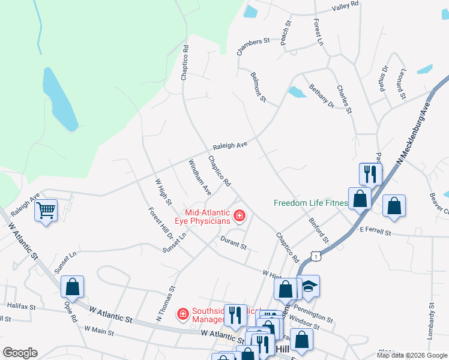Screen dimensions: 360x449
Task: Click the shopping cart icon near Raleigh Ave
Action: tap(46, 211)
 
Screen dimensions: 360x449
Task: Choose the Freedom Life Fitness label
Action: tap(310, 203)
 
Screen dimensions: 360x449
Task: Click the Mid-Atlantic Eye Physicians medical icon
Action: tap(240, 215)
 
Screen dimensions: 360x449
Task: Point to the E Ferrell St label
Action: tap(375, 230)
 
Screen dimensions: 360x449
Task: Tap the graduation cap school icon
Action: tap(309, 287)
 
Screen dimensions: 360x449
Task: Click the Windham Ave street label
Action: tap(199, 177)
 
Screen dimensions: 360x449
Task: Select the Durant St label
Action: tap(233, 242)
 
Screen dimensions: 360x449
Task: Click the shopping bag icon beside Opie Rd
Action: tap(72, 287)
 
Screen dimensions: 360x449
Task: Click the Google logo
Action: tap(20, 353)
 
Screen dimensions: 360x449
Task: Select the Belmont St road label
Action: tap(257, 86)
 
